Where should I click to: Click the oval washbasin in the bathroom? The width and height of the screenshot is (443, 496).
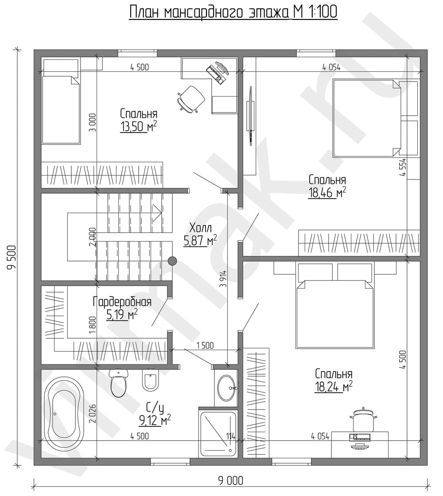[226, 387]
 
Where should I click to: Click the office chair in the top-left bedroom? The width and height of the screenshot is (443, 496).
[191, 99]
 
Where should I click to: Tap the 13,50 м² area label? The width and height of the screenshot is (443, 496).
[139, 127]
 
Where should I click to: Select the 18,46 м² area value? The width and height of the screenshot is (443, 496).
[327, 192]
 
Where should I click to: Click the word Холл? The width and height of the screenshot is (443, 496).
[201, 228]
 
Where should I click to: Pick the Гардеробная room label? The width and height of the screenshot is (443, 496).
[122, 302]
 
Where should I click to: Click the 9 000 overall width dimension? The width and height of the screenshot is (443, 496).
[231, 480]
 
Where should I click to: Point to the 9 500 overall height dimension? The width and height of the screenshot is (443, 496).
[12, 257]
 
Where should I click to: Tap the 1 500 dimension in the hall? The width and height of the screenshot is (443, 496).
[205, 345]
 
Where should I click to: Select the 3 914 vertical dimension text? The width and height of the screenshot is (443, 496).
[224, 279]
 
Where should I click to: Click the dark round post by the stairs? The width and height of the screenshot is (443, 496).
[172, 261]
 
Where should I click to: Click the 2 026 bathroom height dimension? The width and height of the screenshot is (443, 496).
[92, 414]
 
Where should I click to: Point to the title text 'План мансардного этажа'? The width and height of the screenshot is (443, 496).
[208, 13]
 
